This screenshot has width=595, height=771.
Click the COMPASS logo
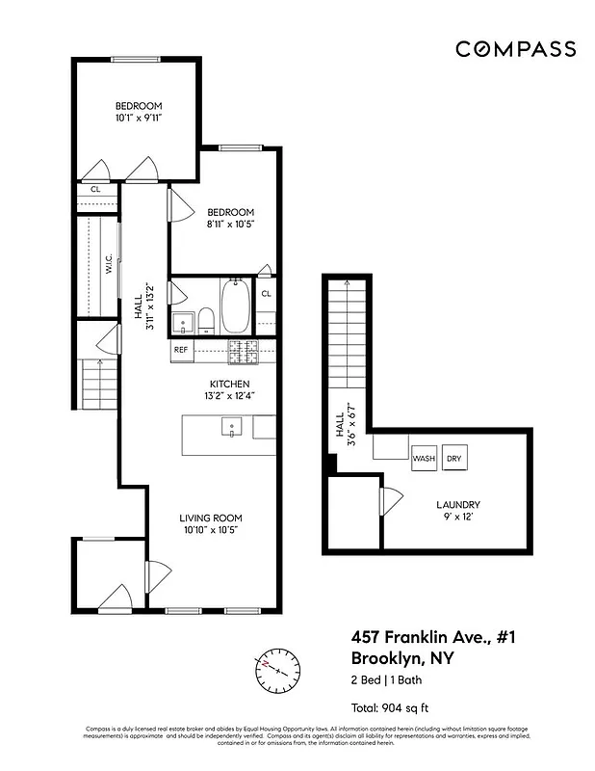pos(515,49)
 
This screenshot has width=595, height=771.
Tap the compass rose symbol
pos(276,668)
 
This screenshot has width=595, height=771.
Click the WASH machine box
pos(424,459)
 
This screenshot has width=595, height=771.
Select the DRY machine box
pos(454,459)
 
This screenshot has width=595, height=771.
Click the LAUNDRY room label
pos(457,504)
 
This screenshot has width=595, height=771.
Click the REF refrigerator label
pos(181,350)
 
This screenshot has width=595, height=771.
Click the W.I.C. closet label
pos(108,264)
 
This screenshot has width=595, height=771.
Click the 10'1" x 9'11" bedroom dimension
pos(139,120)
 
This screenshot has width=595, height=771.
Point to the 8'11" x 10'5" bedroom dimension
pos(229,225)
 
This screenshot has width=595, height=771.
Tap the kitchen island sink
pos(231,426)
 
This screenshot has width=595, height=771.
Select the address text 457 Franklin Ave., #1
pos(419,638)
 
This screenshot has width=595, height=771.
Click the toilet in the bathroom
pos(205,319)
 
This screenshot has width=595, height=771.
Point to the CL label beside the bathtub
pos(266,293)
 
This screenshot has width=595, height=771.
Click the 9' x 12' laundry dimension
pos(458,518)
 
